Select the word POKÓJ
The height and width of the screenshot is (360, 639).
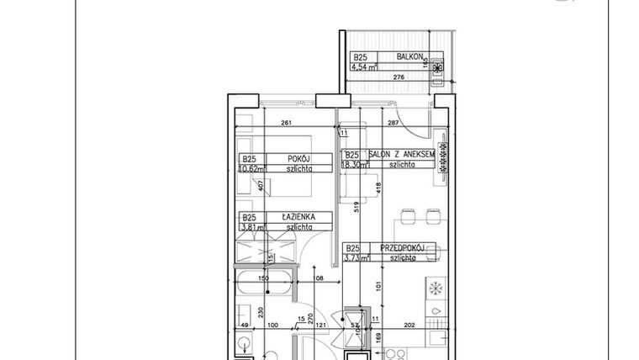[x=298, y=158]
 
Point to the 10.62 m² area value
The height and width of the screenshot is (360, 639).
[x=250, y=168]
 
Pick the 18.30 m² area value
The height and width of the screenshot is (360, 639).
[x=352, y=166]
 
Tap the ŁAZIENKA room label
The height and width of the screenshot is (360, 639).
[x=298, y=217]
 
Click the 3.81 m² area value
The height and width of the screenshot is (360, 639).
[x=248, y=227]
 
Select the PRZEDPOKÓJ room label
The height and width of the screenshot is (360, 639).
[x=400, y=248]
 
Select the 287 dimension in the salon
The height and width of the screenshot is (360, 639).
[x=393, y=124]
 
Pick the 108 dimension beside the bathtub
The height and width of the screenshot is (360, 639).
[x=318, y=278]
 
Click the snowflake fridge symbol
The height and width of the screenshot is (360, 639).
[x=436, y=289]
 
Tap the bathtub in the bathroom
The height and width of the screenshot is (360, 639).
[x=261, y=285]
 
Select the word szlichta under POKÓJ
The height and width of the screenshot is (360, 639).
[x=298, y=168]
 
